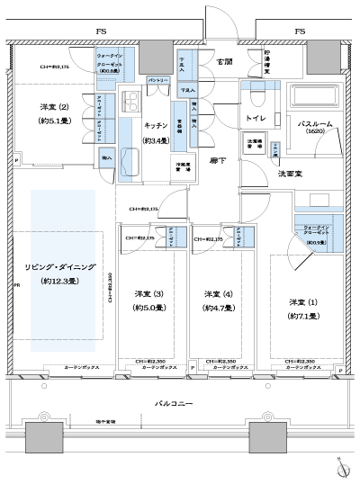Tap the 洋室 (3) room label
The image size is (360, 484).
147,295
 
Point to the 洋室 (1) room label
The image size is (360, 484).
301,302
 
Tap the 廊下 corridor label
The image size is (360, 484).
217,160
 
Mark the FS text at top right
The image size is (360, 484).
297,31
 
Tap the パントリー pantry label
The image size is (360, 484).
157,80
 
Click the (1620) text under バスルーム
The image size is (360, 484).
316,131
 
